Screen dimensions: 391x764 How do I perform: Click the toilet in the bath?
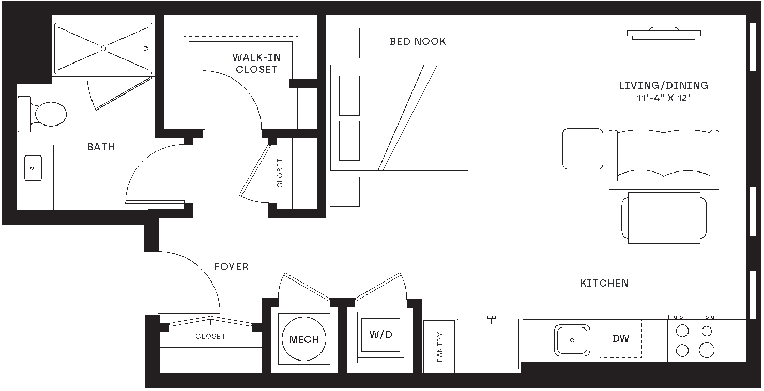coord(44,114)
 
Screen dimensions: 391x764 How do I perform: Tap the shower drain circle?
coord(103,49)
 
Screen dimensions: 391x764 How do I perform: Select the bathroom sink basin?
coord(33,168)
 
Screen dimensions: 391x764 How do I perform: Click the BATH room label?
coord(101,147)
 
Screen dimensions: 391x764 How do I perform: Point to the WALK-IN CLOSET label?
coord(256,64)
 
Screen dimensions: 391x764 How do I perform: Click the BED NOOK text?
coord(418,42)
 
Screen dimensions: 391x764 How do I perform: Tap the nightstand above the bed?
coord(344,43)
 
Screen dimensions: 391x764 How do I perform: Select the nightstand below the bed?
coord(344,191)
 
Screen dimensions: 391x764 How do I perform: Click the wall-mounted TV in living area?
coord(664,34)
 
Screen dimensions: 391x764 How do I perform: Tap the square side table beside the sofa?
coord(583,149)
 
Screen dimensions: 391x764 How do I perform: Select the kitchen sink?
coord(572,340)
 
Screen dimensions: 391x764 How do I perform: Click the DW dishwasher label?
coord(621,339)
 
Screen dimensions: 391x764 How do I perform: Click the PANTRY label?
coord(440,347)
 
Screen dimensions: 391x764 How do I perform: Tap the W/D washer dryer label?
coord(380,335)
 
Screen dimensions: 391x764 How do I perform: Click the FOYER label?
coord(231,267)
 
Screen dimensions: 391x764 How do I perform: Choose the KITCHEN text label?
coord(604,284)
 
